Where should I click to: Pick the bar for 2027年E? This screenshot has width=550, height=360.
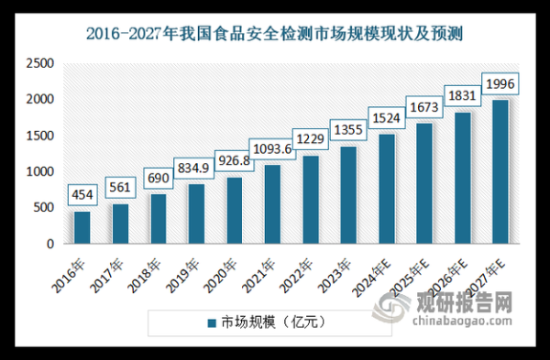(x=500, y=172)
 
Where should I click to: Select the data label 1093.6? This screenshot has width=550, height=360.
(x=273, y=147)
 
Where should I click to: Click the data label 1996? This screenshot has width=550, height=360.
(x=500, y=85)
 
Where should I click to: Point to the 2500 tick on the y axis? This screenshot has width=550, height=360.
(x=40, y=63)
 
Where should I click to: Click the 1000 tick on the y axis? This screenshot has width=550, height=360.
(x=40, y=172)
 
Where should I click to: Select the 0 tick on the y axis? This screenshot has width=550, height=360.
(x=49, y=245)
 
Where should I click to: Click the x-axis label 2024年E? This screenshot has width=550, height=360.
(x=368, y=275)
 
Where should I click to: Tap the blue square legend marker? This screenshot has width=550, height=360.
(x=210, y=322)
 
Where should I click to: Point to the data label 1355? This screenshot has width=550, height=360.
(x=348, y=128)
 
